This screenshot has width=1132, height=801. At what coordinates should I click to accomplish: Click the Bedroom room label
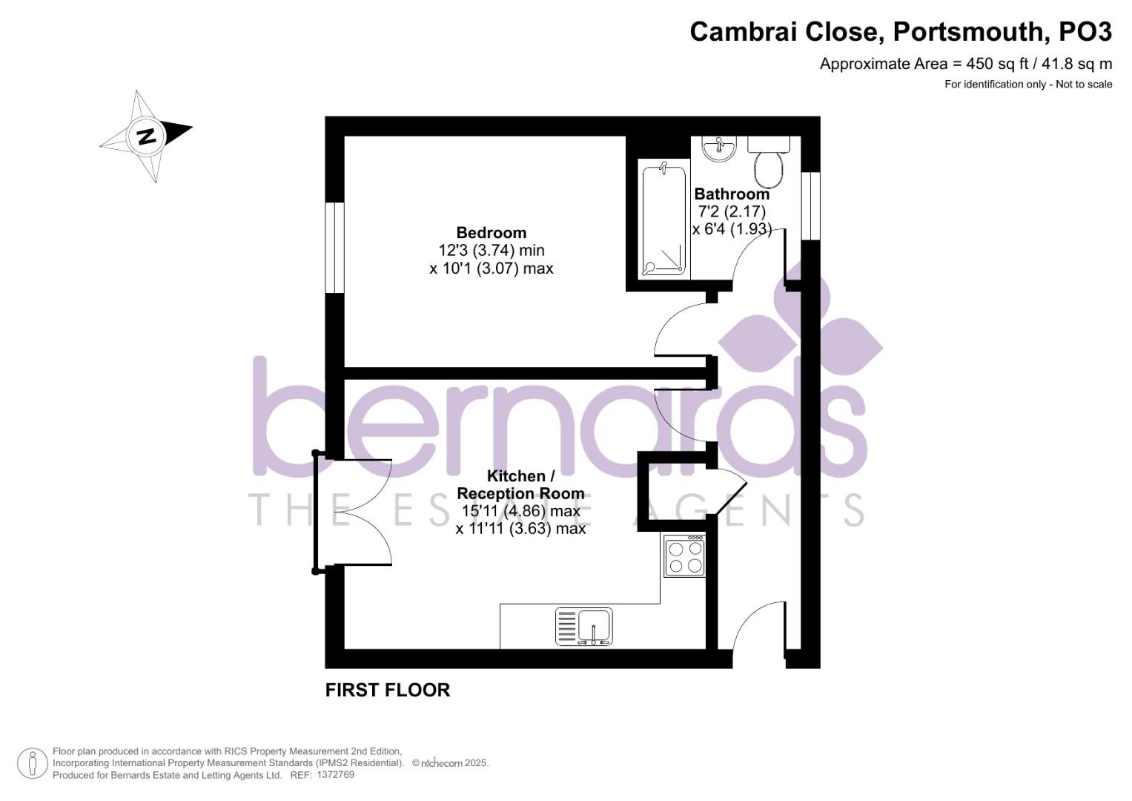coord(491,233)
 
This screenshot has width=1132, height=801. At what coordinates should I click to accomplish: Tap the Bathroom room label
coord(732,194)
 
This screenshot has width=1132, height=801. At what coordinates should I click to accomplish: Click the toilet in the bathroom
coord(769,165)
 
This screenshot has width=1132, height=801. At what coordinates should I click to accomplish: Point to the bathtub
coord(663,221)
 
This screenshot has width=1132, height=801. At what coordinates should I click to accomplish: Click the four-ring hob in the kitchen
coord(684,557)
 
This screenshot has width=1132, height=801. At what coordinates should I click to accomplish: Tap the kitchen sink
coord(585,627)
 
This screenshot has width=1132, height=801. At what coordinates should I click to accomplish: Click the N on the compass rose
coord(146,136)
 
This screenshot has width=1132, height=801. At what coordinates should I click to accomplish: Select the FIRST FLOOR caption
coord(388,690)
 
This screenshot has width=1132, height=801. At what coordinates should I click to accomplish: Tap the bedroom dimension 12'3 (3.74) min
coord(491,251)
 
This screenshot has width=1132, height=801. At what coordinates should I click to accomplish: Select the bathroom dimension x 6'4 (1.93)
coord(732,229)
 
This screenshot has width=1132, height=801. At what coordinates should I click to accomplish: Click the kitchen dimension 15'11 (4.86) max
coord(520,511)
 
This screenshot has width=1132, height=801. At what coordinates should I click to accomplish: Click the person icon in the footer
coord(33,763)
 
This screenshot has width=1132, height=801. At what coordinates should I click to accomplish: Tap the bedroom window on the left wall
coord(336,247)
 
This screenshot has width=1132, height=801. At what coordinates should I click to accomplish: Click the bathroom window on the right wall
coord(811,206)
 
